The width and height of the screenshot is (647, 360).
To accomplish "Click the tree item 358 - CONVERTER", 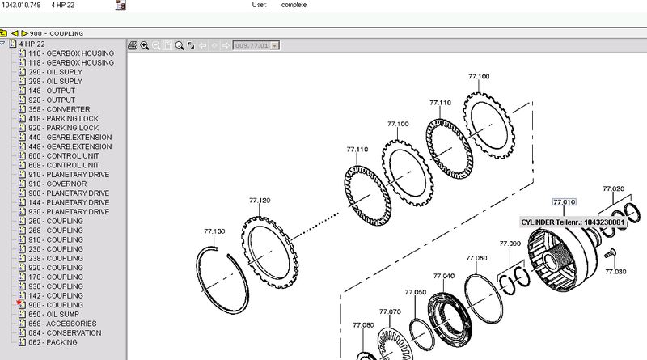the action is point(59,109).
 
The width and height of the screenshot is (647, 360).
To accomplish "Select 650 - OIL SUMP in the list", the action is point(53,314).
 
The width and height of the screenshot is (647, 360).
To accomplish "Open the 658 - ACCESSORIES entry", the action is point(62,324).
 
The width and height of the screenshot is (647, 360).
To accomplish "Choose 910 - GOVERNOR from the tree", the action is point(57,184).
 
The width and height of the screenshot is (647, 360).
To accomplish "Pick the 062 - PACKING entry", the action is point(53,342).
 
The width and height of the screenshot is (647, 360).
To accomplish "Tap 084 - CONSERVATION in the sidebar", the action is point(65,332).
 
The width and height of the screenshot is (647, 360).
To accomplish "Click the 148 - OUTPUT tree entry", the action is point(52,91).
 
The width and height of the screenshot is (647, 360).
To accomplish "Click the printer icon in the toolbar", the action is point(133,45).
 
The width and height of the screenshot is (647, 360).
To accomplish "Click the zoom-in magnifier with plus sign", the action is point(145,45).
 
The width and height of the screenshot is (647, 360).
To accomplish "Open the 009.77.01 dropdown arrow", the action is point(275,45).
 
